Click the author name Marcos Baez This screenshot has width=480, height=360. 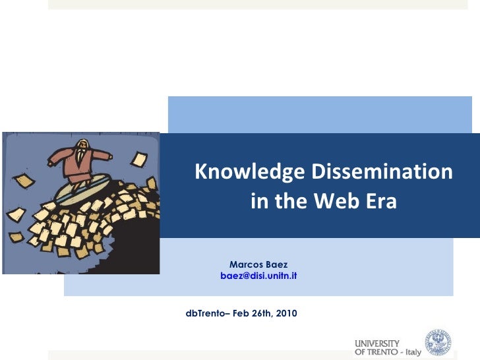point(258,264)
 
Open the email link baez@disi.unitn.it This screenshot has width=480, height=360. point(258,276)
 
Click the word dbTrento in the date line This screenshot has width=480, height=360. point(204,311)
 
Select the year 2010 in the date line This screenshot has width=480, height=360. point(285,311)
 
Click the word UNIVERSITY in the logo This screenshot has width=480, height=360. point(377,344)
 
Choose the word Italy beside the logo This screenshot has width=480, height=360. point(413,352)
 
